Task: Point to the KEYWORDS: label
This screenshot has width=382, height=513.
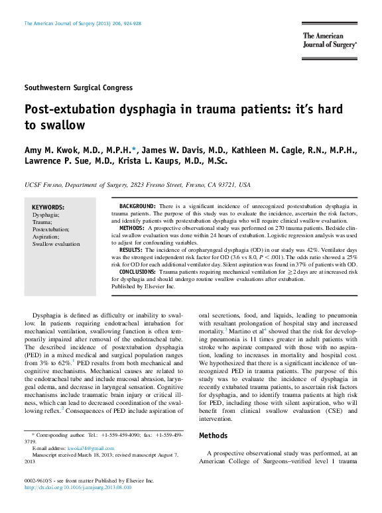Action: (48, 207)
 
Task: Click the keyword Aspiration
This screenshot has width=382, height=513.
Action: (46, 237)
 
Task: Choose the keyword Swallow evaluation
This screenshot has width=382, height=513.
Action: (56, 244)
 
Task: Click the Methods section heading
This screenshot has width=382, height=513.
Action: (214, 436)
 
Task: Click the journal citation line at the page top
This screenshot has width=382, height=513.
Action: (82, 23)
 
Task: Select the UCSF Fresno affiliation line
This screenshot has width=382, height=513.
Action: (137, 184)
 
